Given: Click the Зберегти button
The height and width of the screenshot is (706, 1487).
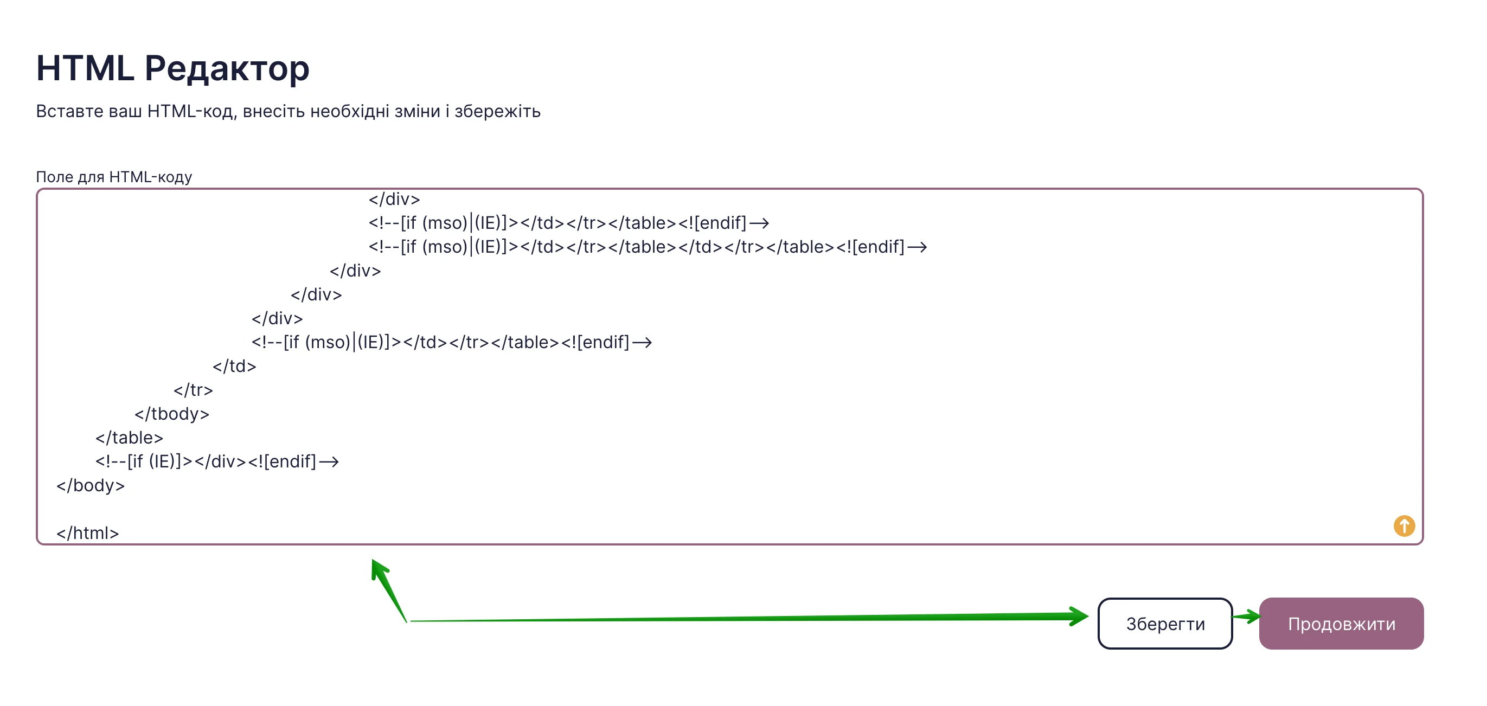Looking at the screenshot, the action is pos(1164,624).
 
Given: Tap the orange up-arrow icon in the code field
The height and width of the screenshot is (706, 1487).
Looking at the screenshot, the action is pos(1404,526).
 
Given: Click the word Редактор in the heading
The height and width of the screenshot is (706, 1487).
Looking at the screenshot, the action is pos(227,69).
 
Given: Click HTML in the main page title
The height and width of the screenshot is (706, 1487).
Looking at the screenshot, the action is pos(85,68).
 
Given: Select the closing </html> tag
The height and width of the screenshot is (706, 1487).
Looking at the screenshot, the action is pos(88,533).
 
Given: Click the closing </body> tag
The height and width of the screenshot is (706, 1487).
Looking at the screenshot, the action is pos(91,485).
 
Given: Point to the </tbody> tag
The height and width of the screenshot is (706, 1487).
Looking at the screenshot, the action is pos(172,414).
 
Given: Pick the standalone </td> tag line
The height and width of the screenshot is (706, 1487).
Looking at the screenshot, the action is pos(234,366).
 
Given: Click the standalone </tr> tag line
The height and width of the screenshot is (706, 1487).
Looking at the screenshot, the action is pos(194,390).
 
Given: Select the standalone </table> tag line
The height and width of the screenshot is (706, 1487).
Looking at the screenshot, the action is pos(129,438).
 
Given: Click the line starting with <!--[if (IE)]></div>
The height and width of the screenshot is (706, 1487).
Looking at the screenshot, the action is pos(217,462).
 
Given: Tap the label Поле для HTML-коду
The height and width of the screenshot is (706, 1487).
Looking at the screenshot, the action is pos(114,177).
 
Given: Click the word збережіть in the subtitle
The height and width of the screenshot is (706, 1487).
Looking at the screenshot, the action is pos(497,111).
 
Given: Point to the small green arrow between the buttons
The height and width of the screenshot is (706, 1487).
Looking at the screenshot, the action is pos(1246,617).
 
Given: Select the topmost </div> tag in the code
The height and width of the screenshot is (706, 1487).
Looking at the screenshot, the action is pos(394,199).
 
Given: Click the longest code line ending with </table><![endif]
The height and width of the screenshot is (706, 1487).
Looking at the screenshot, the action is pos(648,247).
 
